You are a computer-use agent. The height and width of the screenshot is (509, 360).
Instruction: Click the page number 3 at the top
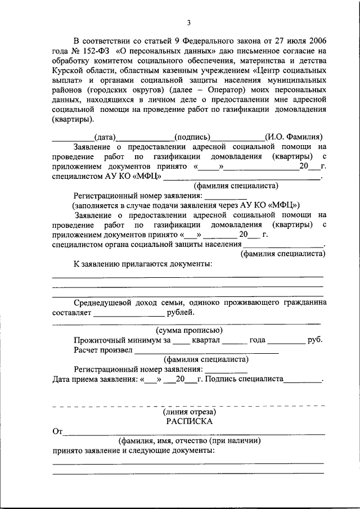[189, 22]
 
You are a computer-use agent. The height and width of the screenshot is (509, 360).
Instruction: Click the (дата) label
[105, 137]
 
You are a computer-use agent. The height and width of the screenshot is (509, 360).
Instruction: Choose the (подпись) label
[192, 137]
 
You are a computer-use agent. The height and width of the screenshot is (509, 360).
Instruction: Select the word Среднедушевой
[103, 303]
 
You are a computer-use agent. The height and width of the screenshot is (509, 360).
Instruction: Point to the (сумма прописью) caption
[189, 330]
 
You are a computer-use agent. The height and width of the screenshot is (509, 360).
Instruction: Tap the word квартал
[205, 340]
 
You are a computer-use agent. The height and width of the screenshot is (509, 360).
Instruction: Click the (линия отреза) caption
[189, 412]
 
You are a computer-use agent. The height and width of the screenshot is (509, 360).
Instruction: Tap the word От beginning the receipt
[57, 431]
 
